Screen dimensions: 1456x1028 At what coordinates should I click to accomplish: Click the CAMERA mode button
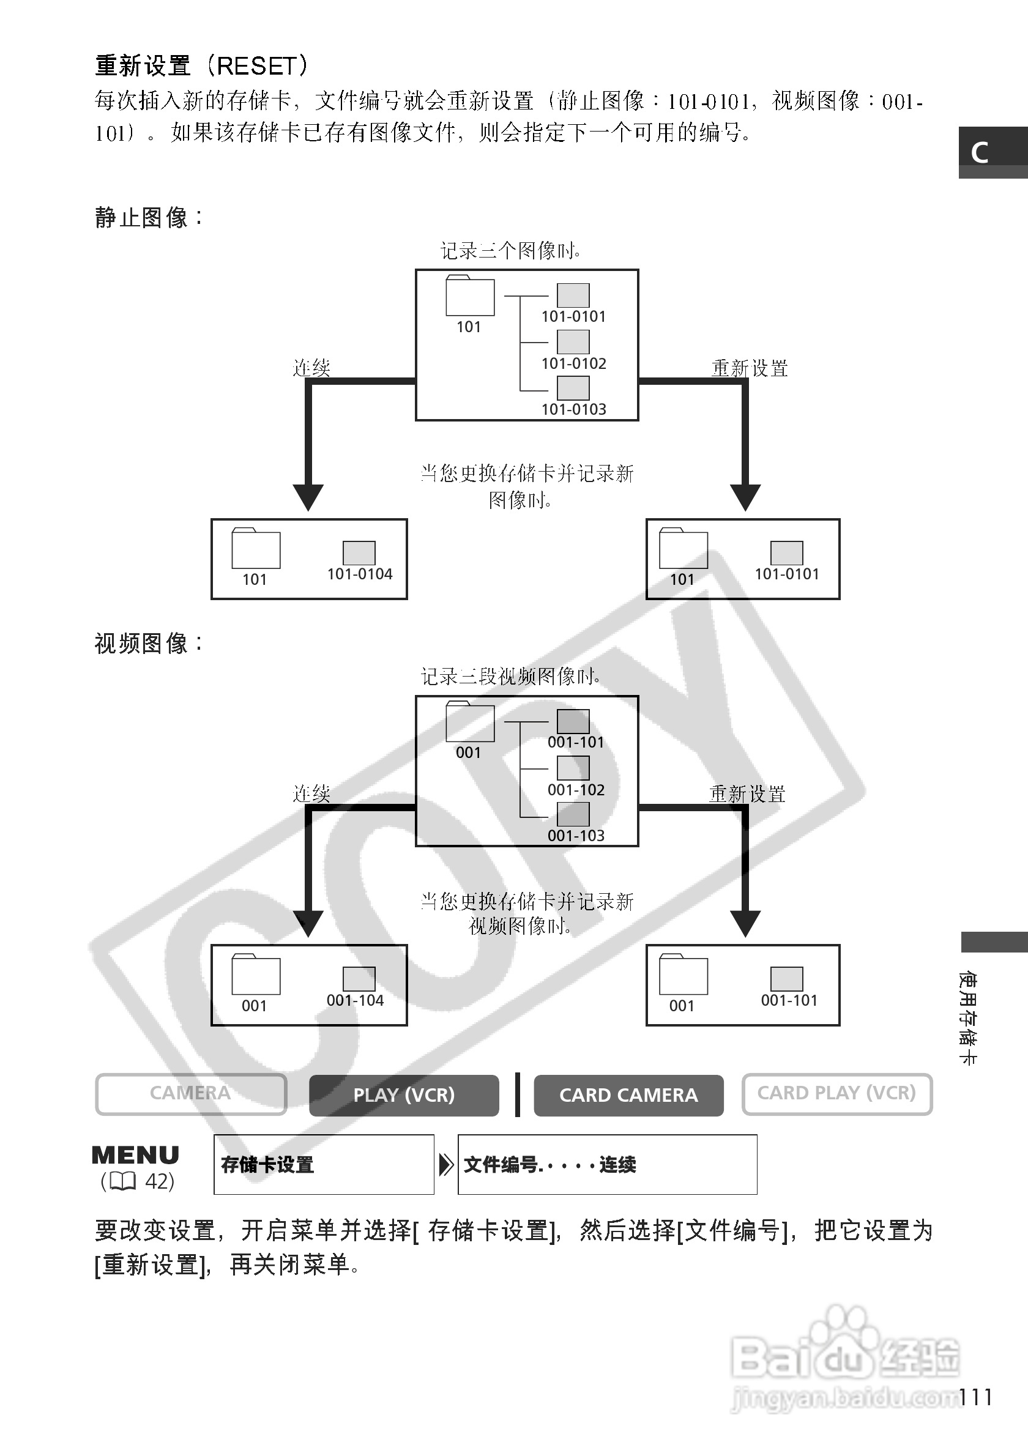coord(191,1093)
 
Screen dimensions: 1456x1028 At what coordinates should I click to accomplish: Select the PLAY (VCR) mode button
coord(404,1095)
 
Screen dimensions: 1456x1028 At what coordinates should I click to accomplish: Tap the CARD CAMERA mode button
coord(628,1095)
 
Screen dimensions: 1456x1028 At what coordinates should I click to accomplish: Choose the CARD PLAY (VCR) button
coord(836,1093)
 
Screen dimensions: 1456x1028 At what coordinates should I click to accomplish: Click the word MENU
coord(135,1156)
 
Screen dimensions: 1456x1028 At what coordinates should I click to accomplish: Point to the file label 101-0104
coord(360,574)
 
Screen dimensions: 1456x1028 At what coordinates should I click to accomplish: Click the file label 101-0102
coord(574,363)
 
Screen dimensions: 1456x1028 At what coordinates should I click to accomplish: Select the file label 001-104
coord(355,1000)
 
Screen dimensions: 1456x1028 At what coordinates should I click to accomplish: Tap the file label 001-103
coord(576,835)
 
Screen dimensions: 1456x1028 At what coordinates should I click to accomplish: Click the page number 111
coord(975,1398)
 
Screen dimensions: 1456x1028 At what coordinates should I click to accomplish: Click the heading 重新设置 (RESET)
coord(202,66)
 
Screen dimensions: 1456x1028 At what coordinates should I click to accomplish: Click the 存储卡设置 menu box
coord(324,1164)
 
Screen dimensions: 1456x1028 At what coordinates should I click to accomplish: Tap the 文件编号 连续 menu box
coord(607,1164)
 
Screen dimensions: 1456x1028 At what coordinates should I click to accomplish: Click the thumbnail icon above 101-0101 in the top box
coord(573,295)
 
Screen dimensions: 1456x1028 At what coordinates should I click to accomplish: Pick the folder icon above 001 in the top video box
coord(470,722)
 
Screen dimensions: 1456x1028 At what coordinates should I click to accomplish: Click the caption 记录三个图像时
coord(510,250)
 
